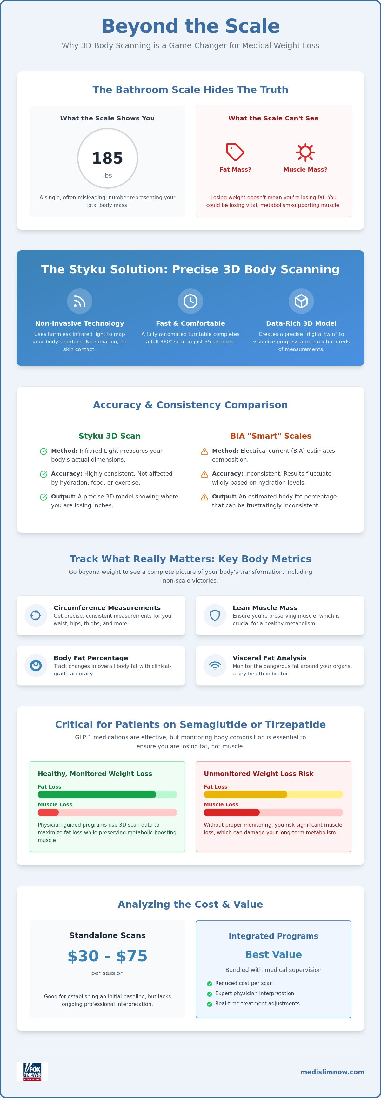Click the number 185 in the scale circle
coord(107,158)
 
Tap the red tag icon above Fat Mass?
coord(235,152)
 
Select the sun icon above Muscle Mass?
coord(305,152)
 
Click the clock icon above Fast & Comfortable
coord(190,301)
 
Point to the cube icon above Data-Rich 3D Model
coord(301,301)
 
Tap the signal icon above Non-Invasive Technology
coord(80,301)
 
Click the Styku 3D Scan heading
coord(110,436)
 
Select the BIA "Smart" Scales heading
coord(271,436)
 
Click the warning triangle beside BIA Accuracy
coord(204,474)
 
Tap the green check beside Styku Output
coord(43,497)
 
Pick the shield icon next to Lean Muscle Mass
coord(215,615)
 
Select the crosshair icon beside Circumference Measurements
coord(36,615)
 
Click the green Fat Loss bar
coord(97,795)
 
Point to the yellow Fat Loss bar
coord(245,795)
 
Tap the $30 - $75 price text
coord(107,956)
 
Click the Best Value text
coord(274,954)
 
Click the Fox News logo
coord(32,1072)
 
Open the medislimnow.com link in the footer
coord(332,1072)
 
